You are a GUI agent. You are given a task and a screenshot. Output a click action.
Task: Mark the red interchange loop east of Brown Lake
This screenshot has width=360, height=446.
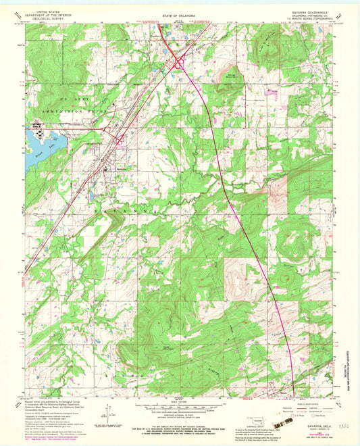(x=120, y=141)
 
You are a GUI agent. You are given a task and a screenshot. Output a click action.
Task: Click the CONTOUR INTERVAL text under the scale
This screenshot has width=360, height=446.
(x=179, y=414)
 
